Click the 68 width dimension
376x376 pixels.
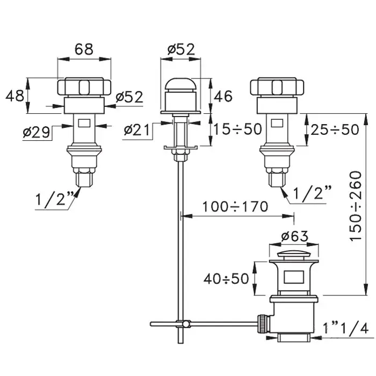[x=84, y=49]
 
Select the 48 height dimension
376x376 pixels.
[x=15, y=96]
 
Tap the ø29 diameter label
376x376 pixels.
[x=37, y=132]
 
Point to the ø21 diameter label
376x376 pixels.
[x=136, y=130]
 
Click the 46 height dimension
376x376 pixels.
[x=223, y=96]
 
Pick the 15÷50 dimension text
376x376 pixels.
[x=237, y=129]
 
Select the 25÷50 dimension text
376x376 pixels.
[x=335, y=129]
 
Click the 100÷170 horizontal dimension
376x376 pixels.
[x=235, y=207]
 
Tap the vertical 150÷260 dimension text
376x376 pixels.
[x=355, y=206]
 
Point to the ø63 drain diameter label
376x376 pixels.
[x=294, y=236]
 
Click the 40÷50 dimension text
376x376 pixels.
[x=226, y=279]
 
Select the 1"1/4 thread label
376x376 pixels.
[x=345, y=328]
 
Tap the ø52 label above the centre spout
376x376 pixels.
[x=182, y=49]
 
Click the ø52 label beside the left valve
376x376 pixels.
[x=129, y=97]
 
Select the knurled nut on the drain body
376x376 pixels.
[x=264, y=324]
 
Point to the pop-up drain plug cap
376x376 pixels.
[x=294, y=255]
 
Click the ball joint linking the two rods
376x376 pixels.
[x=186, y=324]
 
